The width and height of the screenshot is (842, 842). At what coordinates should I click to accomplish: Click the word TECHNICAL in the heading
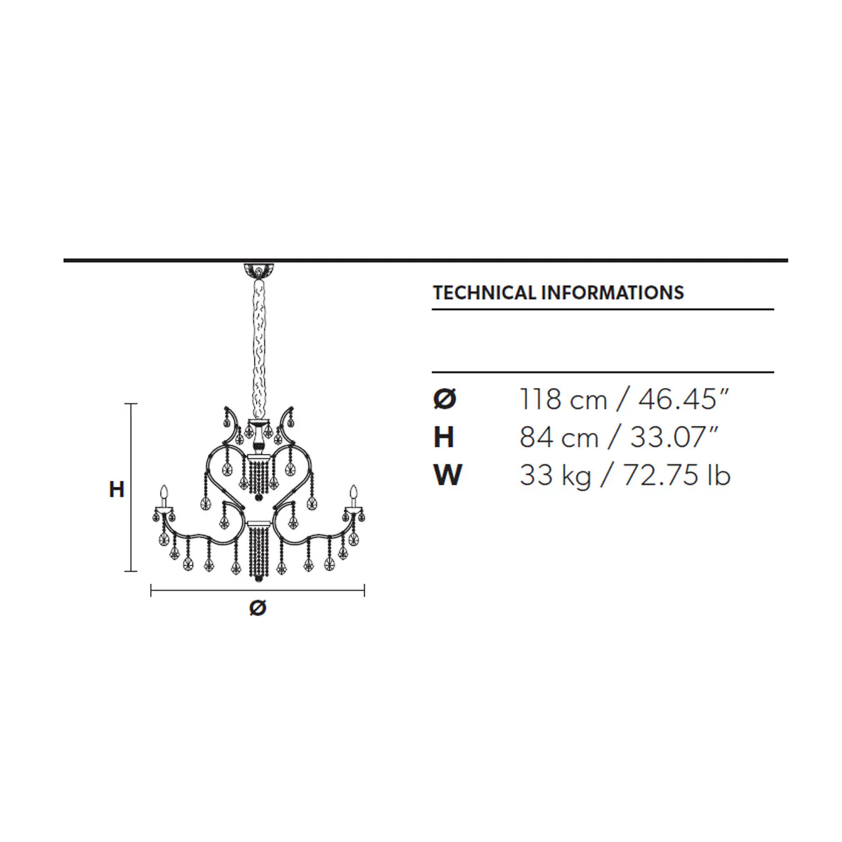(483, 293)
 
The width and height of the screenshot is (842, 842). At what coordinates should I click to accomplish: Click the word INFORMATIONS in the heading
(613, 293)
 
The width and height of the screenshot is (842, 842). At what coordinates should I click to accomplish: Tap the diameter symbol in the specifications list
(444, 399)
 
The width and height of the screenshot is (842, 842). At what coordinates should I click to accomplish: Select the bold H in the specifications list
(443, 437)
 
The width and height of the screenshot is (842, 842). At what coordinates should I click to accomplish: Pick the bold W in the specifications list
(448, 475)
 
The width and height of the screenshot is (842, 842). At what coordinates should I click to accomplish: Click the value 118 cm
(563, 399)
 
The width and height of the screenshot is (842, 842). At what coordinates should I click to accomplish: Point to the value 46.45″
(684, 399)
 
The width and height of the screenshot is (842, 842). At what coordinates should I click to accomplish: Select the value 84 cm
(559, 437)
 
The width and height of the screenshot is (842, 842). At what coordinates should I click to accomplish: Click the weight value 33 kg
(555, 476)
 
